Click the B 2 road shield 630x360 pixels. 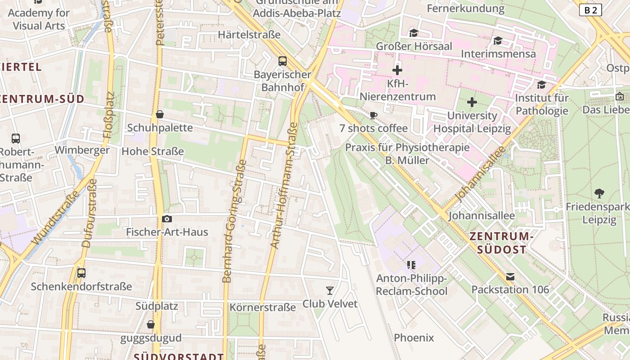(x=590, y=10)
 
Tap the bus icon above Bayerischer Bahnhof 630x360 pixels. (x=283, y=61)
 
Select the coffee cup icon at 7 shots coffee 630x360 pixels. (x=373, y=115)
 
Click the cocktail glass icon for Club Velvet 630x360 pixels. (x=330, y=290)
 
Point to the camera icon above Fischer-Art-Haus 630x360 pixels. (x=167, y=219)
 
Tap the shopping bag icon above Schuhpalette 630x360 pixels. (x=159, y=115)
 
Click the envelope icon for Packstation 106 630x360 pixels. (x=510, y=276)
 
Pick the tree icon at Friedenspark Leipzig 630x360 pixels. (x=599, y=193)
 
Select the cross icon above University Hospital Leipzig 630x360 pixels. (x=472, y=103)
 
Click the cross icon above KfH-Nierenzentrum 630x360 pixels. (x=397, y=70)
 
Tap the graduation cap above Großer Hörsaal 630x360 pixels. (x=414, y=33)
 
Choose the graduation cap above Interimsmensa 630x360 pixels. (x=498, y=41)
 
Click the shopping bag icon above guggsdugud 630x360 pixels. (x=151, y=324)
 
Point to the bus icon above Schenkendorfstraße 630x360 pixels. (x=81, y=273)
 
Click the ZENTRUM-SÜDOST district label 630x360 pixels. (x=501, y=243)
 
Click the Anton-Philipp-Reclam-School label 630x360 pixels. (x=412, y=285)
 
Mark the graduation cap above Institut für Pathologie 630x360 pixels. (x=541, y=85)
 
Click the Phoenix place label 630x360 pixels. (x=414, y=337)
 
